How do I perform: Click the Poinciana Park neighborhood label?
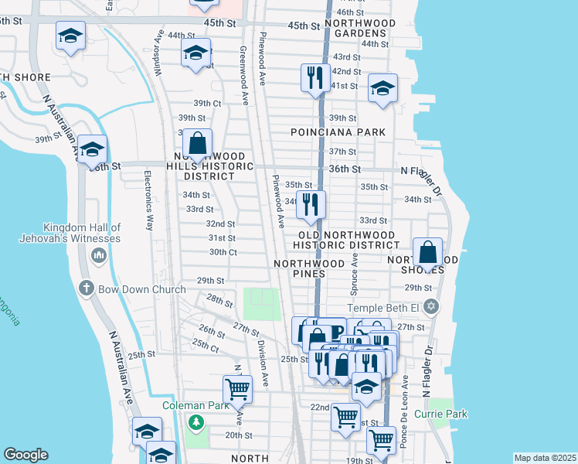pyautogui.click(x=338, y=132)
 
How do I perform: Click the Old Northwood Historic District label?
pyautogui.click(x=347, y=240)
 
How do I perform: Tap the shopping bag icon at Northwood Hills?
pyautogui.click(x=197, y=144)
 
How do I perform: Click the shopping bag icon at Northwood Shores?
pyautogui.click(x=427, y=252)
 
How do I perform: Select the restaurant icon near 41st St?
pyautogui.click(x=315, y=77)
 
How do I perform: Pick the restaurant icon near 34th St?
pyautogui.click(x=311, y=204)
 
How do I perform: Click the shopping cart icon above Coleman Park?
pyautogui.click(x=236, y=389)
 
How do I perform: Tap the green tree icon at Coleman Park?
pyautogui.click(x=196, y=422)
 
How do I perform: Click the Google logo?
pyautogui.click(x=26, y=455)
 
